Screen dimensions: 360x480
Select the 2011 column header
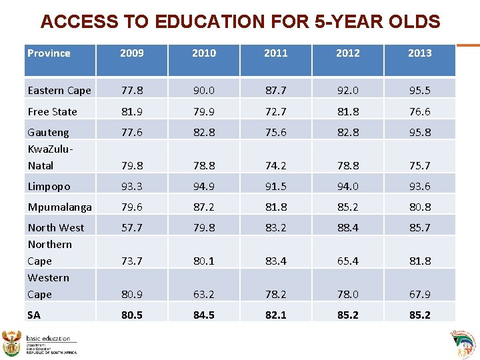tap(275, 53)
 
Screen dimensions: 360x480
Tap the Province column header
tap(49, 53)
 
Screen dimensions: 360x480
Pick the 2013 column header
tap(419, 53)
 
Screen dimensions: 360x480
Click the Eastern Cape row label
tap(59, 91)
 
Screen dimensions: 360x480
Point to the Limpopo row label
tap(49, 186)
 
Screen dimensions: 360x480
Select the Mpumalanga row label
tap(59, 207)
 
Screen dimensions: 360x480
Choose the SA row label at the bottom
tap(35, 315)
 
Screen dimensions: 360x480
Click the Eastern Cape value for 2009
tap(131, 91)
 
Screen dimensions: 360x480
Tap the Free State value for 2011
tap(275, 111)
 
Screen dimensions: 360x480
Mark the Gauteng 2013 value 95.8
tap(419, 132)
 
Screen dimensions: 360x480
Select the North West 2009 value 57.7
tap(131, 227)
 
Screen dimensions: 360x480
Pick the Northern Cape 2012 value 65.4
tap(347, 261)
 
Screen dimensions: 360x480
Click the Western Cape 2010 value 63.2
tap(203, 294)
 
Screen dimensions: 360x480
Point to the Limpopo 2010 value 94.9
tap(203, 186)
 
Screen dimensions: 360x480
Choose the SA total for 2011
tap(275, 315)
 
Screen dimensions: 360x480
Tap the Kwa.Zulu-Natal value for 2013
tap(419, 165)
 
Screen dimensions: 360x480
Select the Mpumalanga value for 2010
tap(203, 207)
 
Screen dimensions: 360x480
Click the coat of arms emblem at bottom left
tap(13, 343)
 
